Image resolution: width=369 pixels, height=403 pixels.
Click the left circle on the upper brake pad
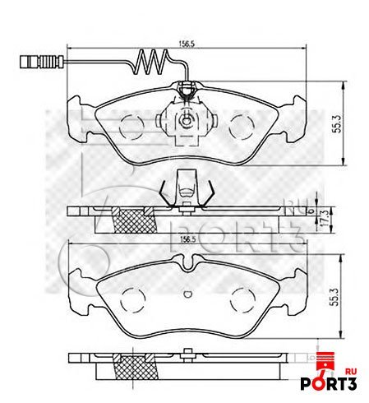click(x=131, y=126)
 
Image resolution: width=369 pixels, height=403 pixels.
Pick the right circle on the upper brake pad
click(x=243, y=126)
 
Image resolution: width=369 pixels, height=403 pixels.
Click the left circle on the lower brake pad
click(x=131, y=299)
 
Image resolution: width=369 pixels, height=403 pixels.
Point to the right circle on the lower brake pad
click(x=243, y=299)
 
